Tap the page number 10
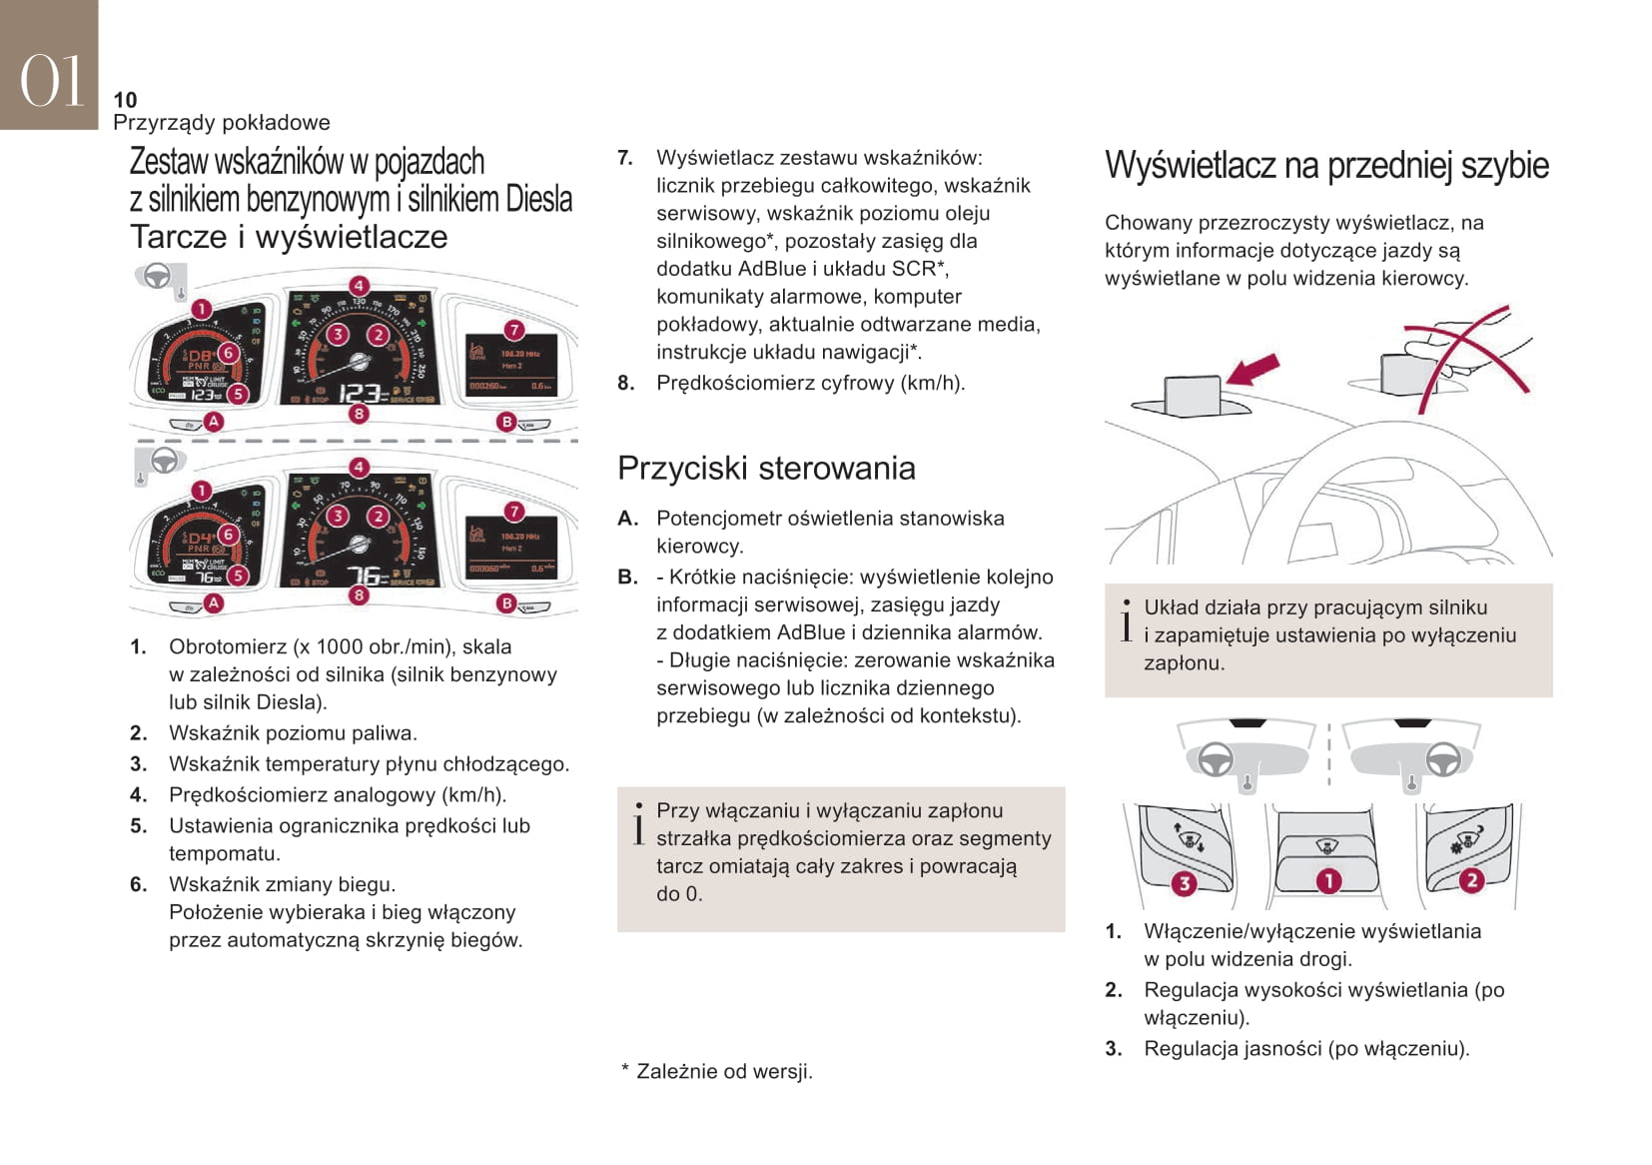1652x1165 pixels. (x=125, y=100)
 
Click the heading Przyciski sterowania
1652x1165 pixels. (x=766, y=468)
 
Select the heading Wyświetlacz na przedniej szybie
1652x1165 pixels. (x=1326, y=165)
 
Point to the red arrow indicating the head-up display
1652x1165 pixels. (x=1252, y=371)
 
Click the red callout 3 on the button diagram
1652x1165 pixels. (x=1184, y=882)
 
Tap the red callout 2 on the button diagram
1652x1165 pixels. (x=1470, y=880)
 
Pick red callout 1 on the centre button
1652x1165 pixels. (x=1327, y=880)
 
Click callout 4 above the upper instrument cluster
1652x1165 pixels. (x=359, y=285)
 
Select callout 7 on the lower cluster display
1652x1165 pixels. (x=513, y=512)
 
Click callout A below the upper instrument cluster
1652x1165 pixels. (x=213, y=422)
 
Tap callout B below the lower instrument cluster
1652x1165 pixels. (x=506, y=603)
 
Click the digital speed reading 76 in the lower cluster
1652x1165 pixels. (x=365, y=577)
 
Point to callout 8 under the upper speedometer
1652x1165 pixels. (x=359, y=414)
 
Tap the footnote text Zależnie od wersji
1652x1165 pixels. (x=724, y=1072)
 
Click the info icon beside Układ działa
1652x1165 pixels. (x=1126, y=620)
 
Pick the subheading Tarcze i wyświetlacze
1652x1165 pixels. (x=289, y=237)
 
